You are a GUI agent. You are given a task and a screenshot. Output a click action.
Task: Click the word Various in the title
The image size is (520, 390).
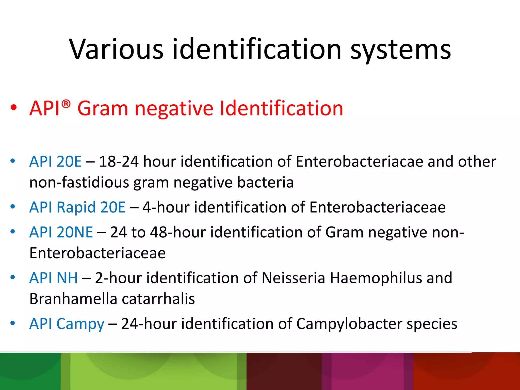pyautogui.click(x=116, y=50)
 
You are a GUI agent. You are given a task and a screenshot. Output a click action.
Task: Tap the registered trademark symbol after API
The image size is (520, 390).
pyautogui.click(x=66, y=104)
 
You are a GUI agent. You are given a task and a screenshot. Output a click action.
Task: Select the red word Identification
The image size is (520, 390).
pyautogui.click(x=281, y=108)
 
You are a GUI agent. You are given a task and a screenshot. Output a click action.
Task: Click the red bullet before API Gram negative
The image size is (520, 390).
pyautogui.click(x=13, y=108)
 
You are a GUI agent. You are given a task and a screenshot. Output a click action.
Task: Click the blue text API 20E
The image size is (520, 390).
pyautogui.click(x=55, y=161)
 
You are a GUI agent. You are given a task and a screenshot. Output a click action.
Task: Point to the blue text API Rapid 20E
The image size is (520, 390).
pyautogui.click(x=77, y=207)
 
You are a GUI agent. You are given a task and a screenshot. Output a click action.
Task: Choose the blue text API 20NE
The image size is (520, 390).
pyautogui.click(x=61, y=232)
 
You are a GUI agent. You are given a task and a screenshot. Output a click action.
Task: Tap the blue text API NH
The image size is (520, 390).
pyautogui.click(x=53, y=278)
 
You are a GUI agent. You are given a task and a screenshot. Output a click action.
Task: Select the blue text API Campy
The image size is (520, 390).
pyautogui.click(x=67, y=324)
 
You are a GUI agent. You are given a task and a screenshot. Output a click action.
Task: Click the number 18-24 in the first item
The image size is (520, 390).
pyautogui.click(x=119, y=161)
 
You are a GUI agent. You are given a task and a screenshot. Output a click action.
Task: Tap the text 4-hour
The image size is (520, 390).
pyautogui.click(x=166, y=207)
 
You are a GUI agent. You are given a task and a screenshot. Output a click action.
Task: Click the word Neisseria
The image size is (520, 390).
pyautogui.click(x=293, y=278)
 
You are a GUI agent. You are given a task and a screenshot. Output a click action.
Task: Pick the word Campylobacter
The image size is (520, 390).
pyautogui.click(x=349, y=324)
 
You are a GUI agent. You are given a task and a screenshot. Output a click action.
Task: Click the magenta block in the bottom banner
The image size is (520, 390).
pyautogui.click(x=367, y=371)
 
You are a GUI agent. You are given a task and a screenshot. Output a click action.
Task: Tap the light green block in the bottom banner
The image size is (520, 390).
pyautogui.click(x=154, y=371)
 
